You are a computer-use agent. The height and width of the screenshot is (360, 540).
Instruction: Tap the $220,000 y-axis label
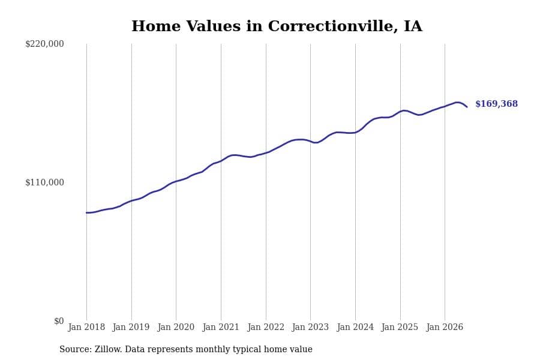point(44,44)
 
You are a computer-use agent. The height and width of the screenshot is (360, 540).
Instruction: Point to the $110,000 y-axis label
point(44,182)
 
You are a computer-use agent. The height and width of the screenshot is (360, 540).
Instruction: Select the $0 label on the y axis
point(59,321)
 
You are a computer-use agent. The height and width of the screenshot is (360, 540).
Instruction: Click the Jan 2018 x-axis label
point(86,327)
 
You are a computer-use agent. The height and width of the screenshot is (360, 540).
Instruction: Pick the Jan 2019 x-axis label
point(131,327)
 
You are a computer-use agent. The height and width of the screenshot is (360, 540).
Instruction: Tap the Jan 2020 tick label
point(176,327)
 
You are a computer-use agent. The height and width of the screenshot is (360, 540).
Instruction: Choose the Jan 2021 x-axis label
point(221,327)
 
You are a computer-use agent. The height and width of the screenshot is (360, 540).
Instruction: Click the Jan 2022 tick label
point(266,327)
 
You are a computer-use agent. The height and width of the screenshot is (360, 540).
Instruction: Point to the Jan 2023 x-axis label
point(310,327)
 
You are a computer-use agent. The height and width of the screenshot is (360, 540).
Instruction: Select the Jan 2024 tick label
point(355,327)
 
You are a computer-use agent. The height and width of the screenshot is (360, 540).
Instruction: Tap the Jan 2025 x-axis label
point(400,327)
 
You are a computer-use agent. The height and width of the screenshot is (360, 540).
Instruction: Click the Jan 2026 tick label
point(445,327)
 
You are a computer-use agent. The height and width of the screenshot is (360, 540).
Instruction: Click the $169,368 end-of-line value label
point(497,104)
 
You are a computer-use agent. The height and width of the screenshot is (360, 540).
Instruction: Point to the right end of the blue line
point(467,107)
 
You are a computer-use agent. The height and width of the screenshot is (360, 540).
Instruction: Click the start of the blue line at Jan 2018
point(86,212)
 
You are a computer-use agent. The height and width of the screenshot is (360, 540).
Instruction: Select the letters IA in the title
point(413,26)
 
